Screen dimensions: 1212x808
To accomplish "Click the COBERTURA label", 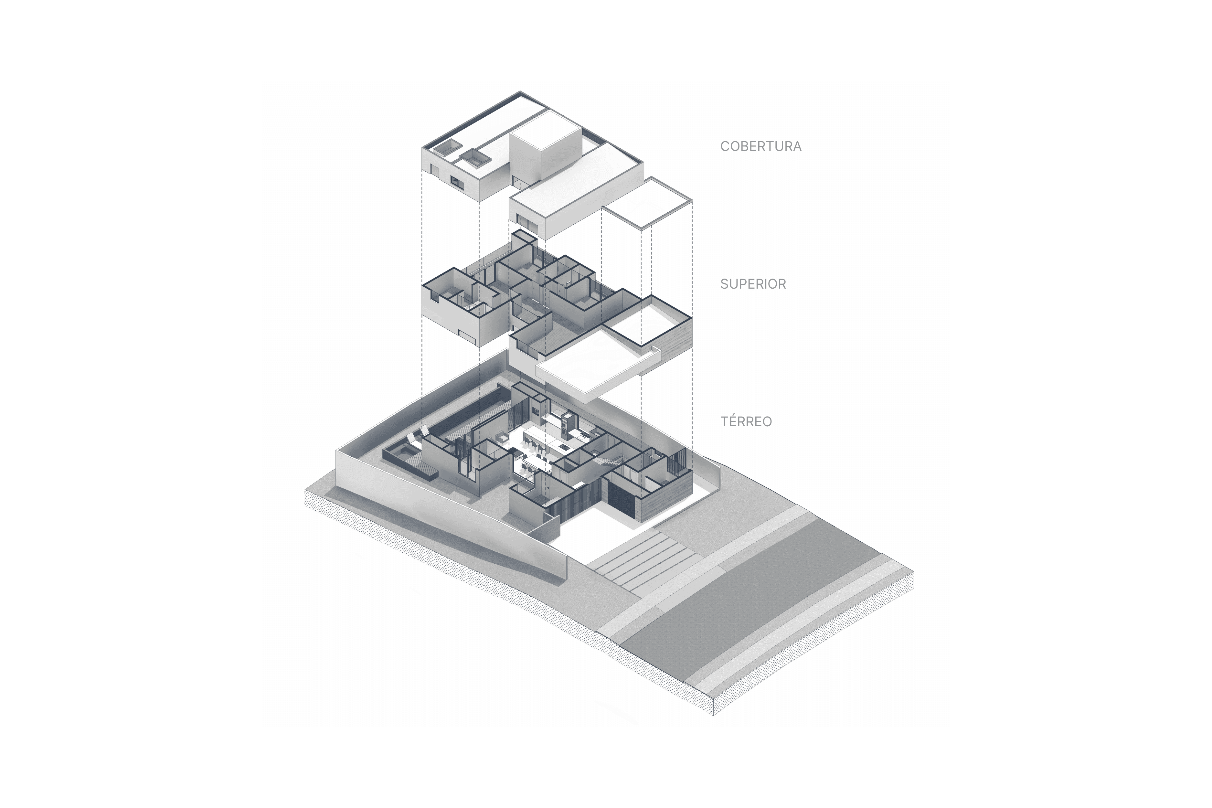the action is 760,146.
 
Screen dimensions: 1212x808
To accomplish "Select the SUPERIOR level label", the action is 753,284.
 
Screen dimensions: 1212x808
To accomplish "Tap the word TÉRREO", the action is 746,421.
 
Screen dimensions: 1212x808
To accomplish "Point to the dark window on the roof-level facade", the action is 96,181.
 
